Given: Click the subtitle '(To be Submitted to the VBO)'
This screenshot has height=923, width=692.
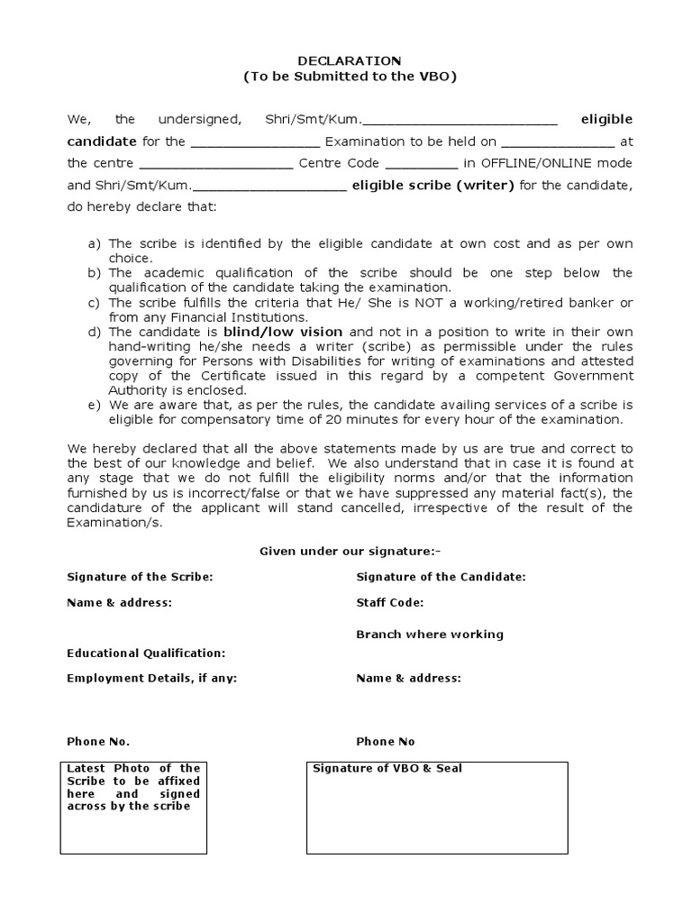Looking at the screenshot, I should click(350, 77).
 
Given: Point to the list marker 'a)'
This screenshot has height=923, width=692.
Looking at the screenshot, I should click(93, 243).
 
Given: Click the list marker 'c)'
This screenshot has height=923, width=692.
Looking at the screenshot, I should click(93, 302).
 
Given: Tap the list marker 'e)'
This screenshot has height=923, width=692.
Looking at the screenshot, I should click(93, 405).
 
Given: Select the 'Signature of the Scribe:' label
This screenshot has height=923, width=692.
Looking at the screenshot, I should click(140, 577).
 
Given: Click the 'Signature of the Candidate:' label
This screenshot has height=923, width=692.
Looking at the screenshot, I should click(441, 577).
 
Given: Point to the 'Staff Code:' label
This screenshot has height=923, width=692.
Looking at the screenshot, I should click(389, 602).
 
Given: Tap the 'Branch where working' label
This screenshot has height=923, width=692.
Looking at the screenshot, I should click(429, 634).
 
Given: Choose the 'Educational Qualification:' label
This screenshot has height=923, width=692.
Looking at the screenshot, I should click(146, 653).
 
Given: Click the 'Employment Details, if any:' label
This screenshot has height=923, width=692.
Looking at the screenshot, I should click(151, 678).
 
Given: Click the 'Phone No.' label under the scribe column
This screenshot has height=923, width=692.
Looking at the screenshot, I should click(98, 741).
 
